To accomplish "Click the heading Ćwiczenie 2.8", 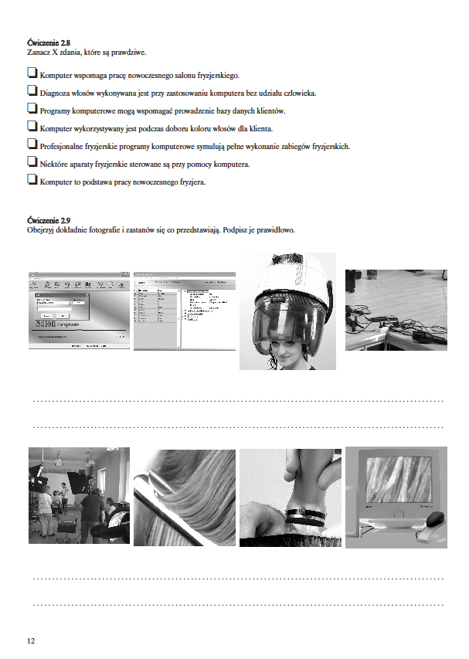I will point(49,43).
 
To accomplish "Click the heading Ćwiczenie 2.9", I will point(49,221).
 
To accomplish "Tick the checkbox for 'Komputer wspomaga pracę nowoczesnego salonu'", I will point(32,74).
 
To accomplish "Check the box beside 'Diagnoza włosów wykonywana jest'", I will point(32,92).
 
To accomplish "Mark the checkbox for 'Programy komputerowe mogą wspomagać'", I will point(32,110).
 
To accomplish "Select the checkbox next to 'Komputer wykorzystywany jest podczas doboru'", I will point(32,127).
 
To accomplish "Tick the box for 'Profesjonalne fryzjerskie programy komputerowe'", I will point(32,144).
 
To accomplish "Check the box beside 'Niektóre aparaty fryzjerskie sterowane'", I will point(32,162).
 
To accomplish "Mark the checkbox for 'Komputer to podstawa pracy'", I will point(32,180).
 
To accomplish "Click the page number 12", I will point(31,640).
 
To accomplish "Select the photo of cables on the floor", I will point(396,309).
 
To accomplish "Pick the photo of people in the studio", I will point(78,497).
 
